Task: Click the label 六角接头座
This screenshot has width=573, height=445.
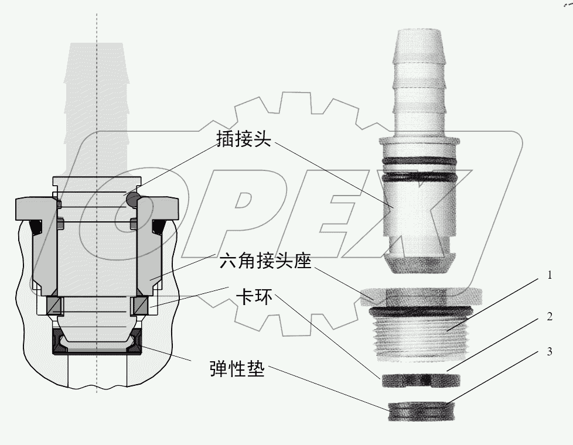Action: click(265, 261)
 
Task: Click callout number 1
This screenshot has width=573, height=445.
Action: click(549, 275)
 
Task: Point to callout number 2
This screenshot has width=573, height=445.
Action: click(549, 317)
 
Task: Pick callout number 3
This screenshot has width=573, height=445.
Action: click(549, 352)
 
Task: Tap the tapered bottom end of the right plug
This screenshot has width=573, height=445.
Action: click(421, 262)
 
